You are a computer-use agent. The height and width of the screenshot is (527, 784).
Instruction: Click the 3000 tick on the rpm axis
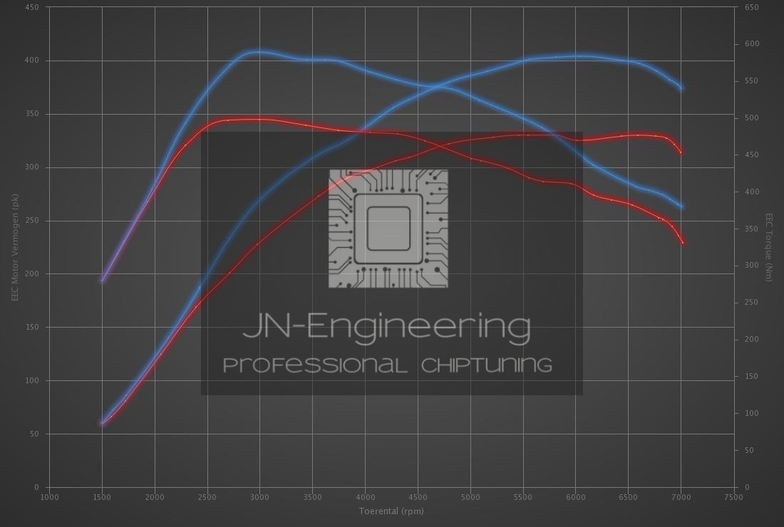click(x=260, y=496)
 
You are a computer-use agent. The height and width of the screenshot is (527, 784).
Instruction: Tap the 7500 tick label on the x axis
click(x=733, y=496)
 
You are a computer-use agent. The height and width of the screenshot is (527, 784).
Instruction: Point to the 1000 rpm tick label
click(x=49, y=496)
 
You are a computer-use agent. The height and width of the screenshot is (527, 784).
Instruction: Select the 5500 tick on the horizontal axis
click(x=523, y=496)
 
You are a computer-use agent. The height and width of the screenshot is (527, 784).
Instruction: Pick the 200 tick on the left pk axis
click(x=33, y=274)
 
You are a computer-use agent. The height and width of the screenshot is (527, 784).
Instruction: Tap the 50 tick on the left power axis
click(x=35, y=434)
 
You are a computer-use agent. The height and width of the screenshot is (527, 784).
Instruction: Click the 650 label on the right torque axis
click(x=752, y=7)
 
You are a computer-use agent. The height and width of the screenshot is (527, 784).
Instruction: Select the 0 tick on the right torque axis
click(x=747, y=487)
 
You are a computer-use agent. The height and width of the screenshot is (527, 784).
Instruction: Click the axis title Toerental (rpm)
click(x=391, y=511)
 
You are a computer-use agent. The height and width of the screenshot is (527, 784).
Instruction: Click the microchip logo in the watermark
click(x=388, y=229)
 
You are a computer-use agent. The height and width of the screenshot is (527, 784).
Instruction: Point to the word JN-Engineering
click(x=386, y=327)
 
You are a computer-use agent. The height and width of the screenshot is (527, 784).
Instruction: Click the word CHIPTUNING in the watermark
click(x=487, y=365)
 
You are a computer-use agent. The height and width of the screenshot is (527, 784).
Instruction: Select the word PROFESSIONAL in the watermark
click(x=315, y=365)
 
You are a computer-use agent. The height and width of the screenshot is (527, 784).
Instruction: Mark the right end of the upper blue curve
click(x=681, y=88)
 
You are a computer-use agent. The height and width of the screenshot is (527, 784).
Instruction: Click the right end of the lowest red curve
click(x=683, y=243)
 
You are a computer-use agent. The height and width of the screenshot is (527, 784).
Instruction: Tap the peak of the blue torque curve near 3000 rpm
click(x=260, y=52)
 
